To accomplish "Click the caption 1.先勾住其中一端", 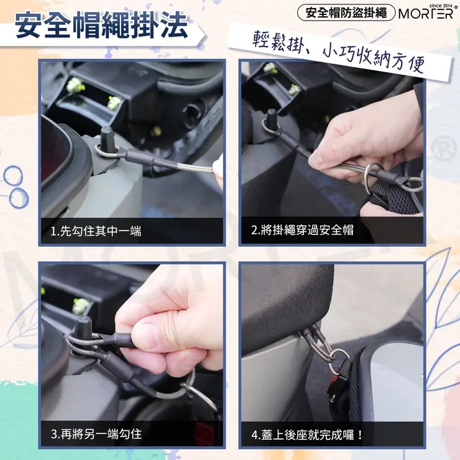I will point(96,231).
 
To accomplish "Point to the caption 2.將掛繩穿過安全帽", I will point(302,231).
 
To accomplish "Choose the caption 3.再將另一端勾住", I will point(96,433).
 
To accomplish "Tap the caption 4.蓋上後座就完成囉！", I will point(307,434).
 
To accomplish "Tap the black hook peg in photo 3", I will point(83,326).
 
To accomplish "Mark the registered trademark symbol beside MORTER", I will point(456,7).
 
